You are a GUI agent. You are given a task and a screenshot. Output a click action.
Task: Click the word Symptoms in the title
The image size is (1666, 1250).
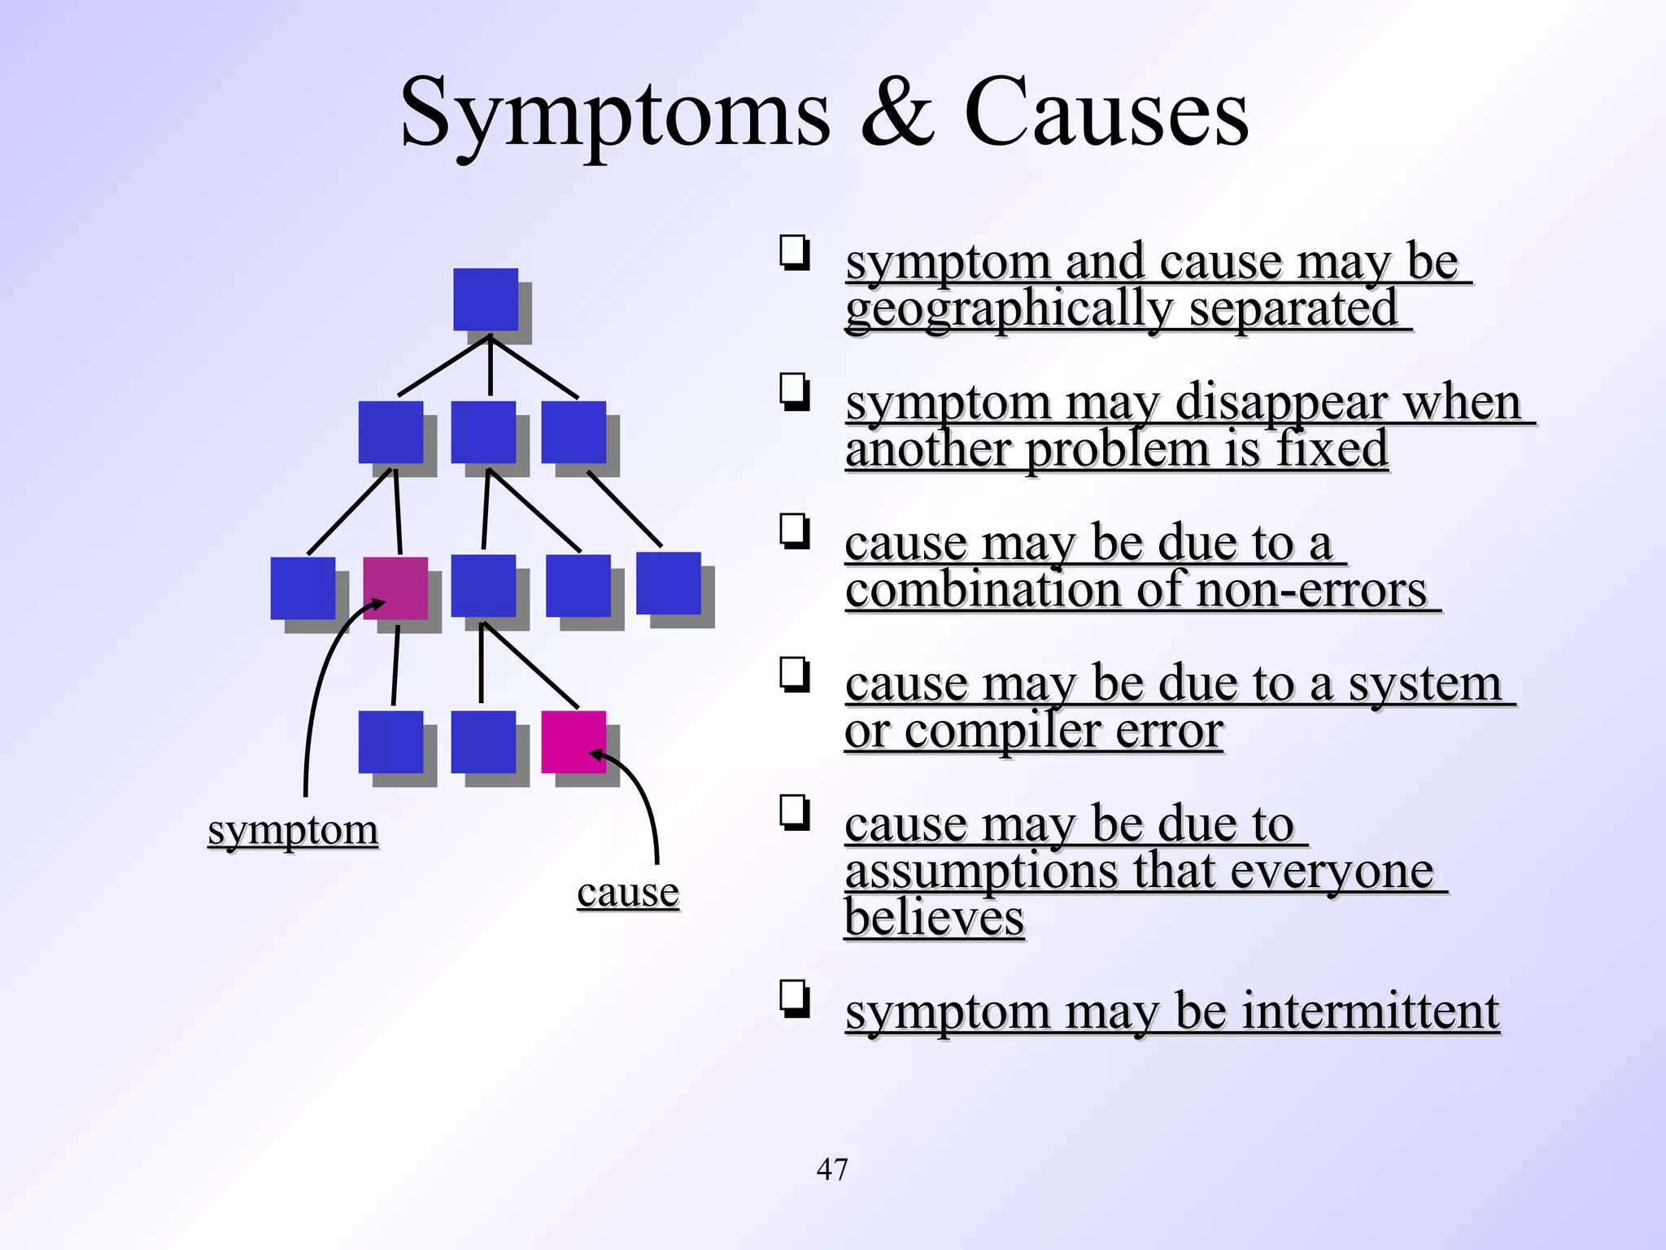[614, 114]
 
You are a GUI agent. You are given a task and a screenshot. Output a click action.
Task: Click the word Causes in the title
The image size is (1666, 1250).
[1106, 114]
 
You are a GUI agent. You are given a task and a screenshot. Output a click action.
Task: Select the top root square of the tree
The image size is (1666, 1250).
[486, 299]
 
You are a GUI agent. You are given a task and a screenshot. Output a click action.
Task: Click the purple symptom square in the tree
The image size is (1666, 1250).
[395, 588]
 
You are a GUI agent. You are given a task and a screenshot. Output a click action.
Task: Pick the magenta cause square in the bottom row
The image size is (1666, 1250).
[574, 741]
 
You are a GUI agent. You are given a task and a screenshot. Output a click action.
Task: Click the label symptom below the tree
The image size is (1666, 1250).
[293, 831]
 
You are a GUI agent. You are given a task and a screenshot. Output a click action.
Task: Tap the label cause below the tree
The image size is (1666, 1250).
[628, 892]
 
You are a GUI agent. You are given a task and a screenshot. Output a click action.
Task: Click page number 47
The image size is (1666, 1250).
[832, 1169]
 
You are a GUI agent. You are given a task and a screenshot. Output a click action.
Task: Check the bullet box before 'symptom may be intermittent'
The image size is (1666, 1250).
[795, 999]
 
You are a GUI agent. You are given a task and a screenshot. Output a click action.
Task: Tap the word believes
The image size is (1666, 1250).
[934, 918]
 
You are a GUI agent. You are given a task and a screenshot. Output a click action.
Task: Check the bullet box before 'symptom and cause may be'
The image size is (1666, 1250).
[795, 251]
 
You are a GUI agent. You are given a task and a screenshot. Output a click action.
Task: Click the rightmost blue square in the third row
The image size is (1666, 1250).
[668, 583]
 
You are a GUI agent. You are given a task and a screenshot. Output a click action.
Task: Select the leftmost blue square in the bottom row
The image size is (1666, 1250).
[391, 741]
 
